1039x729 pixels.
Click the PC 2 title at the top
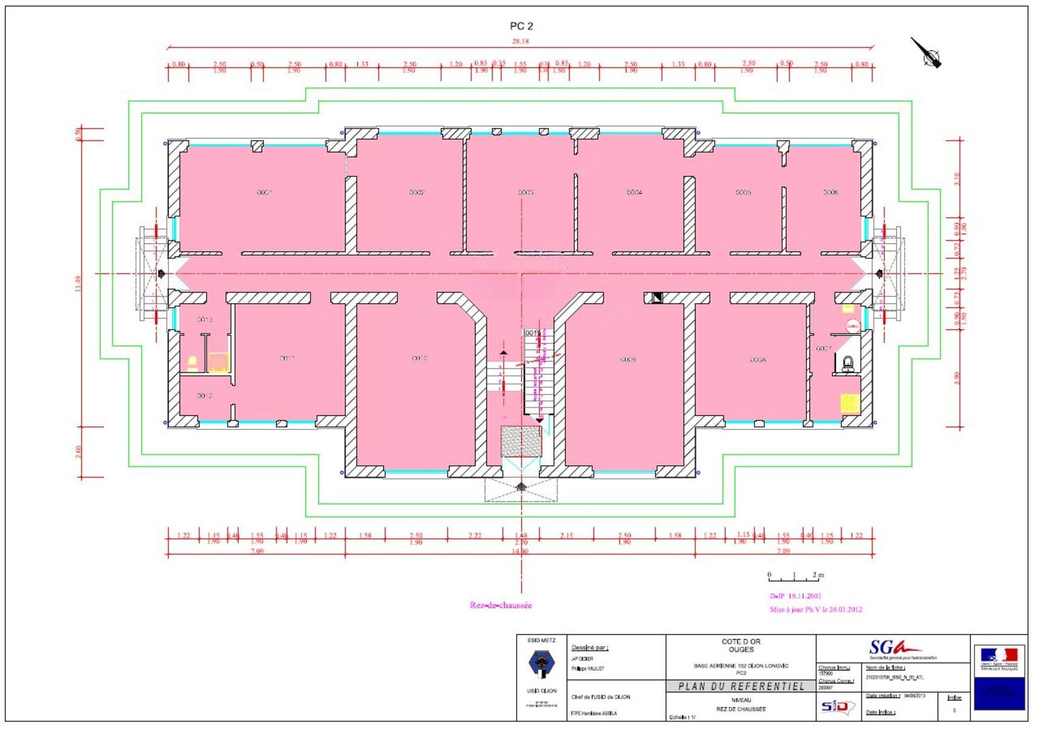point(521,26)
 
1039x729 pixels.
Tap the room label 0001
point(264,193)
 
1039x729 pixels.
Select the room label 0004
point(634,193)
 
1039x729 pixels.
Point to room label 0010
point(419,358)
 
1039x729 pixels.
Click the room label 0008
point(758,360)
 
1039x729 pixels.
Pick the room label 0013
point(205,320)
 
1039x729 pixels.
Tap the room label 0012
point(204,396)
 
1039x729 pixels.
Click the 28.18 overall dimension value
point(520,41)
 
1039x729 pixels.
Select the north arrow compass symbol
point(928,54)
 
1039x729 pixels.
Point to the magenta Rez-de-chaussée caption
point(500,605)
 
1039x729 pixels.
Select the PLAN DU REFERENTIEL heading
point(741,686)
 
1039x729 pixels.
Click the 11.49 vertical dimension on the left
point(78,284)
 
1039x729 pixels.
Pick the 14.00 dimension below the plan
point(520,552)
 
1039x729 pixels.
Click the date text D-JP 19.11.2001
point(795,596)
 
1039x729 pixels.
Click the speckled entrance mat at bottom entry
point(521,440)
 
